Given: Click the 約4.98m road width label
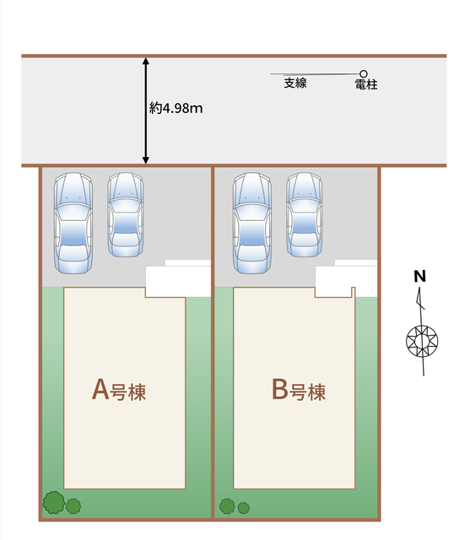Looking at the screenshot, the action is click(x=176, y=109).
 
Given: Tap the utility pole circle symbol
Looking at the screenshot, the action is click(x=364, y=73).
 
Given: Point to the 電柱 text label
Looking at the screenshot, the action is click(x=366, y=84).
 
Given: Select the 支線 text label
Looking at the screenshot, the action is click(x=295, y=83).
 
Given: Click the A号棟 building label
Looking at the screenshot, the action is click(x=119, y=390).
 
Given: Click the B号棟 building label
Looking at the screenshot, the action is click(x=299, y=390).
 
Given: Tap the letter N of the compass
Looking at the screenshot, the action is click(x=419, y=276).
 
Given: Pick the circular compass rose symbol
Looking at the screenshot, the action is click(x=422, y=341).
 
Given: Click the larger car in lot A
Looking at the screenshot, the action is click(x=73, y=223).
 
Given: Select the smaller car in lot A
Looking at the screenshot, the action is click(x=126, y=214).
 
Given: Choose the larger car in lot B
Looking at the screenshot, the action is click(x=252, y=223).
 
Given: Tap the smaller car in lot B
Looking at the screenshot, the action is click(x=305, y=214).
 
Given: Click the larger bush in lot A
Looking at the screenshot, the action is click(x=54, y=503).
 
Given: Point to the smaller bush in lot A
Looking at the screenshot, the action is click(x=73, y=506).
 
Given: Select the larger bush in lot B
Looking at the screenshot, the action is click(x=227, y=506).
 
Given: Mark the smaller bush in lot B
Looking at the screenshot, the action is click(x=243, y=508).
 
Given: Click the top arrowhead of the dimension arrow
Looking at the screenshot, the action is click(x=146, y=62).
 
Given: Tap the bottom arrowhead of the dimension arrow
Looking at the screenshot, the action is click(x=146, y=159).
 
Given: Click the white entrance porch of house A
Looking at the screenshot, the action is click(x=178, y=279).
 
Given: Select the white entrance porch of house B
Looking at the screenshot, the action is click(x=347, y=279).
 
